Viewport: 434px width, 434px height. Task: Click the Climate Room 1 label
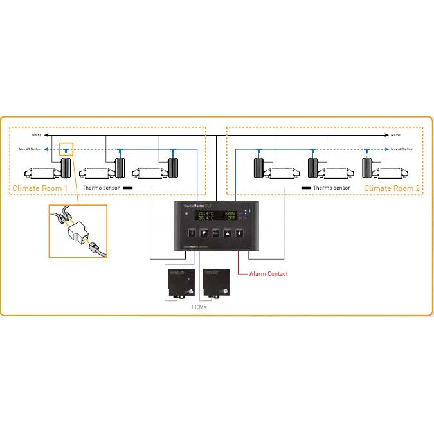39,188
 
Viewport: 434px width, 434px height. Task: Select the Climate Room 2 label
392,188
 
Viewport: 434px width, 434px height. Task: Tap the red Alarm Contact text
268,274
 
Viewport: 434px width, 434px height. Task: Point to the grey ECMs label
199,307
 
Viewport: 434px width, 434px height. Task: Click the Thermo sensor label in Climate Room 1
102,188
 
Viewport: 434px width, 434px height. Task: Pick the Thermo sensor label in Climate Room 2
332,188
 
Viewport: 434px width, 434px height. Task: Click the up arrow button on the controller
227,233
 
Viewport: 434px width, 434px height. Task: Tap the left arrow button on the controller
239,233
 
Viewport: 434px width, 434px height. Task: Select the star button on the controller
191,233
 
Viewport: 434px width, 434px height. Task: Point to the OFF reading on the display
231,218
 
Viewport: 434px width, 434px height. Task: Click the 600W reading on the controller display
230,213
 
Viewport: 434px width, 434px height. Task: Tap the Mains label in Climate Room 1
37,136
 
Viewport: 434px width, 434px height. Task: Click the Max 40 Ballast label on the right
402,149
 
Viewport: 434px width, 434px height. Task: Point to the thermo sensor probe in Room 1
128,188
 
